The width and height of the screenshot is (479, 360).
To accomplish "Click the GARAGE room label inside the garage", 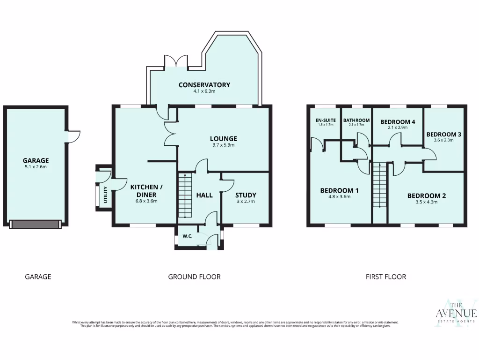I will point(36,160).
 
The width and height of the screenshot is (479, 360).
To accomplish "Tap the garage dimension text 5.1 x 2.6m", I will point(36,167).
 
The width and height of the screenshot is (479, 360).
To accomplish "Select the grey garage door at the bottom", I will point(35,225).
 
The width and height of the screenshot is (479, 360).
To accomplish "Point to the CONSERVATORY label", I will point(204,85).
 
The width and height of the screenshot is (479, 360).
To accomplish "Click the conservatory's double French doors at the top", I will point(176,61).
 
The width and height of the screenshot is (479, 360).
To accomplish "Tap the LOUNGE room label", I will point(223,139).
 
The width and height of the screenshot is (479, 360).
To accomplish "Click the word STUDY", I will point(246,195).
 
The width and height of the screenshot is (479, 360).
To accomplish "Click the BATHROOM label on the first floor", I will point(356,120).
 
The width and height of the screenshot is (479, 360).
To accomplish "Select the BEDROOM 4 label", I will point(398,122).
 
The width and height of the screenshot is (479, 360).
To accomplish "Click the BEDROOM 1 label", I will point(339,190).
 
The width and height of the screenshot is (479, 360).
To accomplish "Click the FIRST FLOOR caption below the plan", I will point(385,277).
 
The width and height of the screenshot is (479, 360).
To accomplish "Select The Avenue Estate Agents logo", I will point(456,313).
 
